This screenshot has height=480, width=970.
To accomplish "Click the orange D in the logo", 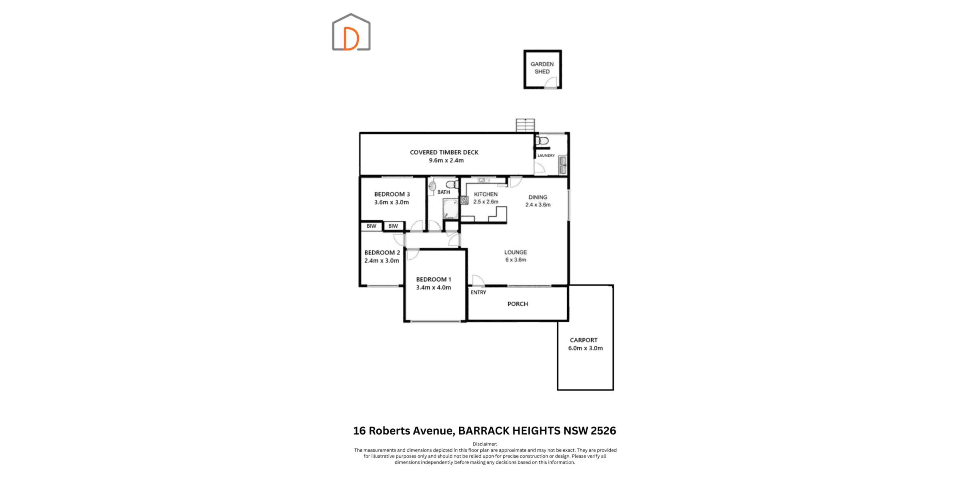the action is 351,39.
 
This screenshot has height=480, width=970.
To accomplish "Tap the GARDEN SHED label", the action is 542,68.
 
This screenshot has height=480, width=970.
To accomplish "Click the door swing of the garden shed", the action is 551,82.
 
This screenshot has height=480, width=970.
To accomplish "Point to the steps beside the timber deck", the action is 525,125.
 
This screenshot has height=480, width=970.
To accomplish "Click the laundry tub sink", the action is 562,165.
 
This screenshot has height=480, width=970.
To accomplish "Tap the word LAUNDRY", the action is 546,156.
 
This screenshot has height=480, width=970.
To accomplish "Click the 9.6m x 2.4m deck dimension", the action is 446,160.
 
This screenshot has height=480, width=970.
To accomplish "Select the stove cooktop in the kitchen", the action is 464,200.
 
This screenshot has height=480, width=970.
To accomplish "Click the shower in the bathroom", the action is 450,209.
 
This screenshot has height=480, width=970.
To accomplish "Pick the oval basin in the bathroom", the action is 432,186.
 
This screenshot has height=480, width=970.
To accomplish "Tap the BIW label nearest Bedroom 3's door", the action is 393,226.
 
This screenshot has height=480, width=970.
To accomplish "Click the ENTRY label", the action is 478,292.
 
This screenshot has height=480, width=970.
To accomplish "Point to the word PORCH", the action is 518,304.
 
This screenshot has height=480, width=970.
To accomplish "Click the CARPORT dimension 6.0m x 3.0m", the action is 585,348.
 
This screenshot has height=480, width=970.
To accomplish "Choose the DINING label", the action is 538,197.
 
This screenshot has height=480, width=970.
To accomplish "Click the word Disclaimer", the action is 485,444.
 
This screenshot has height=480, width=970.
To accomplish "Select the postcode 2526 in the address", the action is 603,431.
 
